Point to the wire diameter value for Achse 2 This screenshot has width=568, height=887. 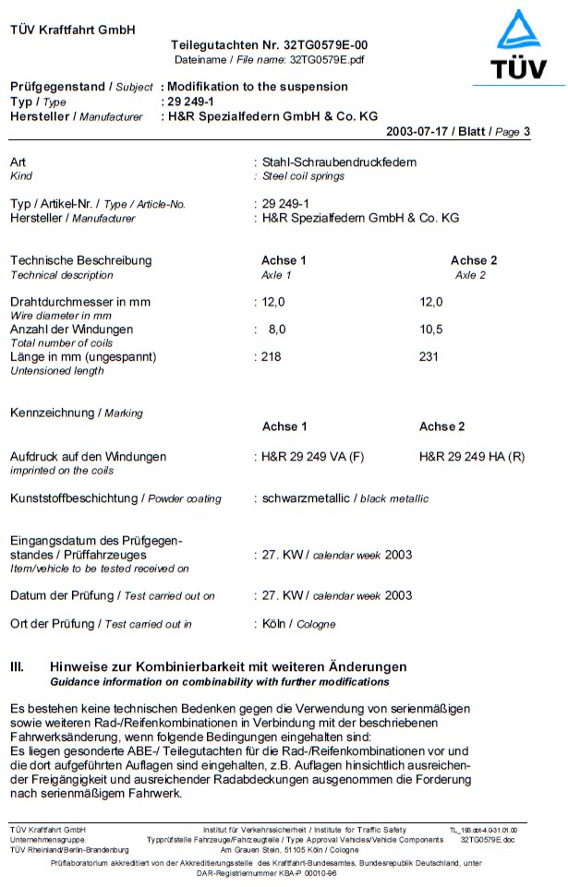point(431,302)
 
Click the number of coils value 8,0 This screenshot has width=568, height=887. point(277,330)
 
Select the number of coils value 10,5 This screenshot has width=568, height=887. point(431,330)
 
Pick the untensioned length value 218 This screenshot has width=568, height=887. point(271,356)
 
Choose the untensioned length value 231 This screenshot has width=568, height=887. point(429,356)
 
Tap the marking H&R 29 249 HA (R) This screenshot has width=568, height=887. point(472,456)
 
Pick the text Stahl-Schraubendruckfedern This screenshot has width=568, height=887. point(338,162)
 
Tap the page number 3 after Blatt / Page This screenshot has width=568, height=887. point(526,131)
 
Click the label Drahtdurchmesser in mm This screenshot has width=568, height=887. point(79,302)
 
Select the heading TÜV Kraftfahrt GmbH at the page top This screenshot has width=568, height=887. point(73,30)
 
